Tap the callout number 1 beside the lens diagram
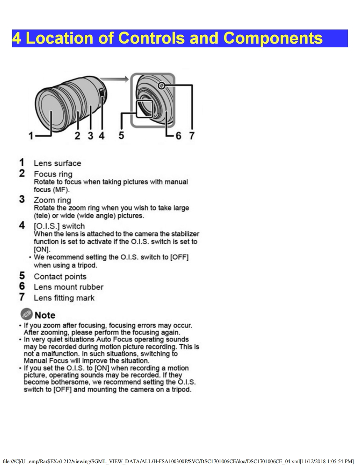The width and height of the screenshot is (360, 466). (x=31, y=136)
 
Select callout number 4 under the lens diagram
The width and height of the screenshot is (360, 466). (x=102, y=136)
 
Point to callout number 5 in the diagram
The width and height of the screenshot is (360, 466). (x=121, y=135)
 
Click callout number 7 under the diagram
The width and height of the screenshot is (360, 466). (x=192, y=136)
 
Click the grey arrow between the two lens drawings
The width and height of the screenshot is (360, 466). (x=114, y=79)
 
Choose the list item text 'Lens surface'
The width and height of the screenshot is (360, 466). (x=57, y=163)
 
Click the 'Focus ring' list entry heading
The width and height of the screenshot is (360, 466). (x=53, y=174)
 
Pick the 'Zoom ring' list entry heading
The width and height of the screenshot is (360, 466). (x=52, y=200)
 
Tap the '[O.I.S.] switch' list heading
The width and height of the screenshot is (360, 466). (x=59, y=226)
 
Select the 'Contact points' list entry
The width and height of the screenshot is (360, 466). (x=60, y=276)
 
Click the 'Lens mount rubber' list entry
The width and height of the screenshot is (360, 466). (x=69, y=287)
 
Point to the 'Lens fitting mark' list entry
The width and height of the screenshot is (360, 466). (x=64, y=298)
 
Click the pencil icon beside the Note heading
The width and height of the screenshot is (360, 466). (x=27, y=314)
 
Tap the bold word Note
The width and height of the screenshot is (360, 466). (x=45, y=315)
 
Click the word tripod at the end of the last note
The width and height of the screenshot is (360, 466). (x=180, y=389)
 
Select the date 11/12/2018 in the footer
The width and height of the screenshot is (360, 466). (x=313, y=461)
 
